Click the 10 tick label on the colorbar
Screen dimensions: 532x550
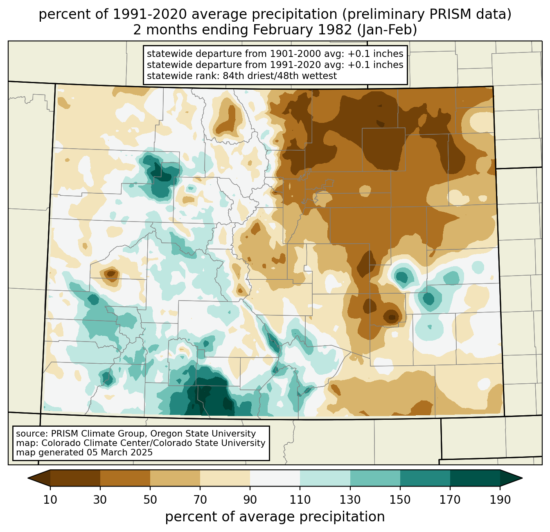pyautogui.click(x=50, y=500)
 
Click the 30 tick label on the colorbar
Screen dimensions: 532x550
pyautogui.click(x=100, y=500)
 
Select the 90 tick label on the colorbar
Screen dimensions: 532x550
pyautogui.click(x=250, y=500)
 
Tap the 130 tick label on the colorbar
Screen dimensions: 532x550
pyautogui.click(x=350, y=500)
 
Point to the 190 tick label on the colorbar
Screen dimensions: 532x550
pyautogui.click(x=500, y=500)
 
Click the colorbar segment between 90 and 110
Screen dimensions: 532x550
pyautogui.click(x=275, y=478)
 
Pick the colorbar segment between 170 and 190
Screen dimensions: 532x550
pyautogui.click(x=475, y=478)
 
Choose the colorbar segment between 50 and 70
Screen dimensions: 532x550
pyautogui.click(x=175, y=478)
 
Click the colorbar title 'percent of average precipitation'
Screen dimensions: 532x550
pyautogui.click(x=275, y=517)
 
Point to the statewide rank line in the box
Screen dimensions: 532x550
pyautogui.click(x=241, y=76)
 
